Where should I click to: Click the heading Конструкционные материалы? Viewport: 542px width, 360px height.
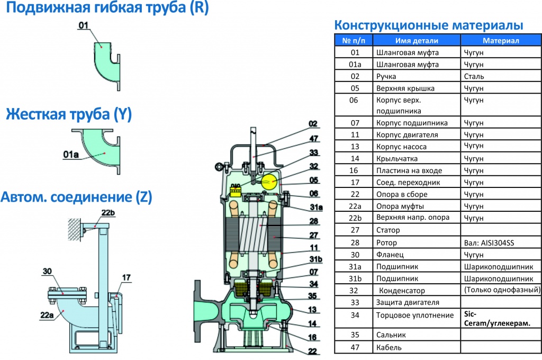coord(429,25)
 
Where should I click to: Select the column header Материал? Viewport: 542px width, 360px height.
coord(501,40)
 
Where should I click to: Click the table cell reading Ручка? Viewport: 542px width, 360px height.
coord(386,76)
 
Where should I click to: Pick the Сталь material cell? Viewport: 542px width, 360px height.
coord(473,76)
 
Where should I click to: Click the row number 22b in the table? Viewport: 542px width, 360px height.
coord(355,218)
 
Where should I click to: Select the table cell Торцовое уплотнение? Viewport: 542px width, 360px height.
coord(415,315)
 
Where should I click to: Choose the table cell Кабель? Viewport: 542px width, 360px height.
coord(389,347)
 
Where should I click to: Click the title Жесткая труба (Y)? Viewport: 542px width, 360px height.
coord(69,114)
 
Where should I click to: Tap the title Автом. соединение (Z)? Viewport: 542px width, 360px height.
coord(76,197)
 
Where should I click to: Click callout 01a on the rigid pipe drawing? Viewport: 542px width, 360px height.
coord(71,154)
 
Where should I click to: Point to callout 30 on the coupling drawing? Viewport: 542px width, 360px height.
coord(48,272)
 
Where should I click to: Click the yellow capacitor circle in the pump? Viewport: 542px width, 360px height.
coord(269,182)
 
